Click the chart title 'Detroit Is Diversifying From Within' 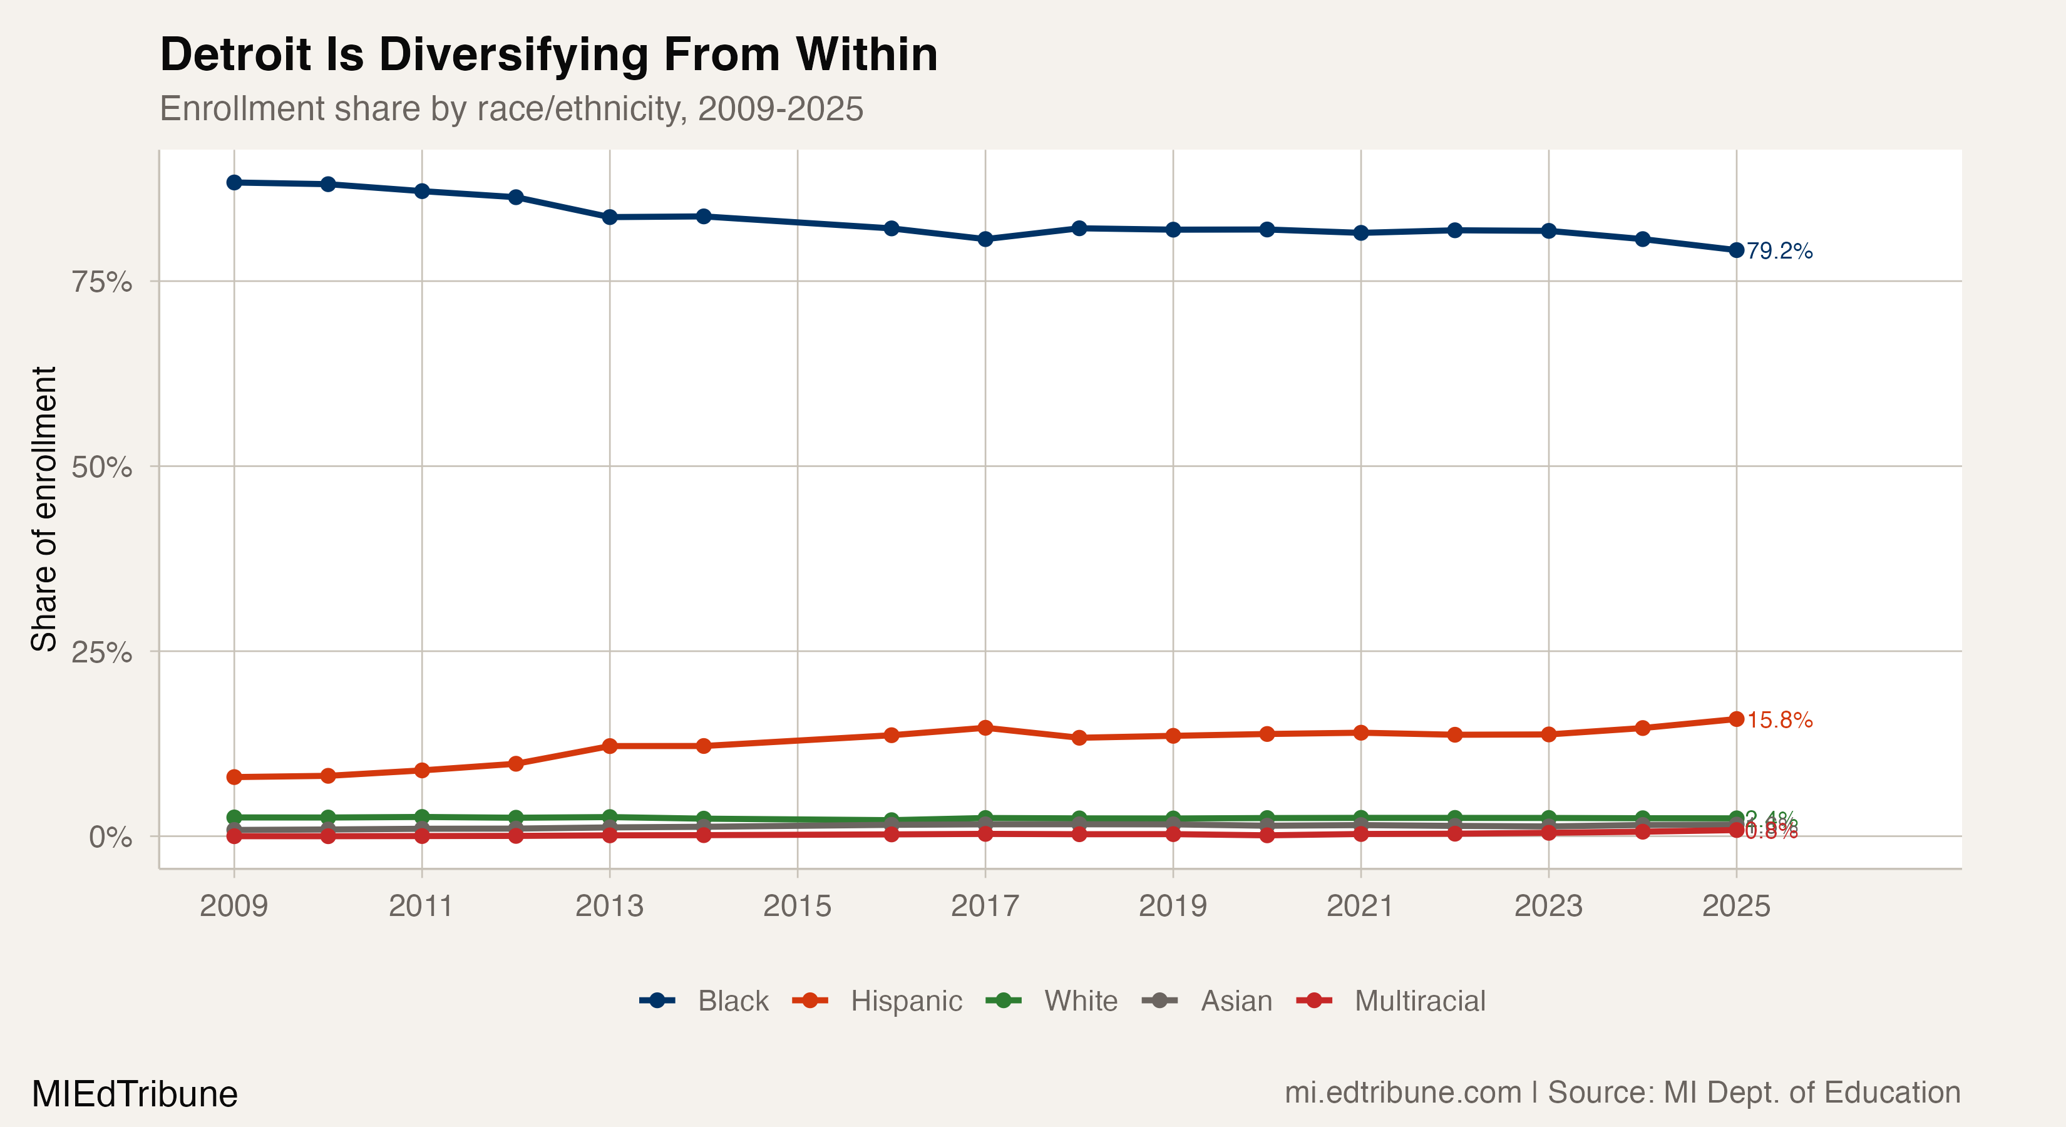pyautogui.click(x=548, y=54)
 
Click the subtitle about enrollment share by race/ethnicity pyautogui.click(x=511, y=109)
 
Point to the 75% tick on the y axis pyautogui.click(x=102, y=282)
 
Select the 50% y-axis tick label pyautogui.click(x=102, y=467)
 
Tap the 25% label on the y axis pyautogui.click(x=102, y=652)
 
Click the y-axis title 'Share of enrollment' pyautogui.click(x=44, y=508)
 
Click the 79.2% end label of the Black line pyautogui.click(x=1780, y=251)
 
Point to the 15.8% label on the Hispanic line pyautogui.click(x=1780, y=720)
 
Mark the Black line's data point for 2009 pyautogui.click(x=234, y=183)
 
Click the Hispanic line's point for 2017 pyautogui.click(x=985, y=728)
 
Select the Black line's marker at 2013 pyautogui.click(x=610, y=217)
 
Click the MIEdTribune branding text pyautogui.click(x=135, y=1094)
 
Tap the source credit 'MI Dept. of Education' pyautogui.click(x=1812, y=1093)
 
